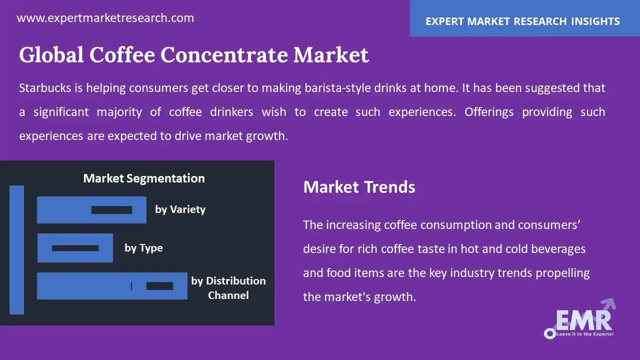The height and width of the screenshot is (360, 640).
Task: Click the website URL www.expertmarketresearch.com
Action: [x=105, y=18]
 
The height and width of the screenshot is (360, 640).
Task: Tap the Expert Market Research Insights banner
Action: [x=525, y=18]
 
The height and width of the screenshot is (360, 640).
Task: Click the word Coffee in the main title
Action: [x=122, y=54]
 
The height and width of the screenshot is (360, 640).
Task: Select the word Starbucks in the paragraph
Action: [x=45, y=87]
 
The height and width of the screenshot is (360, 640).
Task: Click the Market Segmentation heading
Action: [x=144, y=178]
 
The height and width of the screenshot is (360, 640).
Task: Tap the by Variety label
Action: [x=180, y=209]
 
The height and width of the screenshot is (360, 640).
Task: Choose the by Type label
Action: [x=143, y=248]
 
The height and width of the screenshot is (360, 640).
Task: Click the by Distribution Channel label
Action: [x=228, y=288]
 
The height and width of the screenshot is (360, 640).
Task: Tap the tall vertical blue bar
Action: [x=16, y=250]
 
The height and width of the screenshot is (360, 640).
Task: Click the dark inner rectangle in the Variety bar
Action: [x=111, y=210]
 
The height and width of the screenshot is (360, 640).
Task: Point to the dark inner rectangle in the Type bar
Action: [x=75, y=248]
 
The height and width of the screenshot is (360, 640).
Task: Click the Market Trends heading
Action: [x=359, y=187]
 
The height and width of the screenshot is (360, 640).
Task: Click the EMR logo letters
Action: [x=584, y=320]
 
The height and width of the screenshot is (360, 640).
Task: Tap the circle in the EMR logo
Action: [x=549, y=333]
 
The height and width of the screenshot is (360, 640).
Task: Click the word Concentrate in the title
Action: [x=224, y=54]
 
